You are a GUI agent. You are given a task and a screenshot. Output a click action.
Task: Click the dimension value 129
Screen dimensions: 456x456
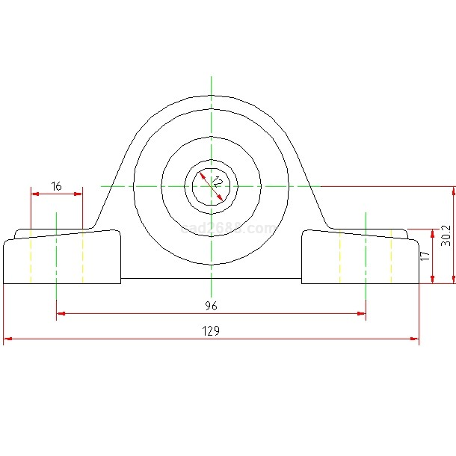pos(212,330)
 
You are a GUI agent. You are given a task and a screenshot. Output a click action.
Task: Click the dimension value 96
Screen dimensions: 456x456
pos(212,305)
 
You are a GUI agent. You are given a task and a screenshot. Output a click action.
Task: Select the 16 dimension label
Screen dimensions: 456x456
pos(57,185)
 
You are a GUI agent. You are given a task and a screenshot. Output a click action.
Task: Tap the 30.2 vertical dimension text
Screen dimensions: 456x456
pos(446,235)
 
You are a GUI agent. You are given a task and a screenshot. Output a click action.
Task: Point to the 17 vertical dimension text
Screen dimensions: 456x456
pos(425,256)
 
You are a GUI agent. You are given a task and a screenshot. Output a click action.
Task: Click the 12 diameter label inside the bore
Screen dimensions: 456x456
pos(217,182)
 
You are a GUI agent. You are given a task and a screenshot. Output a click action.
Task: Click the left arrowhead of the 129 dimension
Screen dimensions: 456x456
pos(7,339)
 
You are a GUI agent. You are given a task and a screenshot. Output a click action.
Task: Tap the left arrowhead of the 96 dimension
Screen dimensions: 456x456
pos(61,313)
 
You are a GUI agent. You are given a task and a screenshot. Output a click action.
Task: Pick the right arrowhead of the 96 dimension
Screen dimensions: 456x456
pos(361,313)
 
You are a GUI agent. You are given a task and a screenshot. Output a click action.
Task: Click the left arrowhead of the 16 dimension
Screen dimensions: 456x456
pos(34,194)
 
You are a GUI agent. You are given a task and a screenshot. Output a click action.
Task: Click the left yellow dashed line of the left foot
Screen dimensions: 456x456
pos(31,259)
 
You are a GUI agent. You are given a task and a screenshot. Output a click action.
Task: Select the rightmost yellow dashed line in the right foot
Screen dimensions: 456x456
pos(392,257)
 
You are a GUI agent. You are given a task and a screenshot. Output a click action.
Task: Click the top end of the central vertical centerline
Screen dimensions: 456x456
pos(212,78)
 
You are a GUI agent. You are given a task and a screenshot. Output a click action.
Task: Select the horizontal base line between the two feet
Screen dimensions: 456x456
pos(211,278)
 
